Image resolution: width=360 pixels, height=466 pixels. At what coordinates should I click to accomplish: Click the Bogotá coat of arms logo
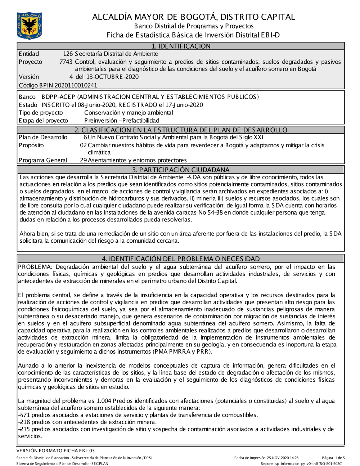pos(29,26)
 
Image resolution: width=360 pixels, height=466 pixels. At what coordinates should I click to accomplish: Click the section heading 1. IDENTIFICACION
pos(181,46)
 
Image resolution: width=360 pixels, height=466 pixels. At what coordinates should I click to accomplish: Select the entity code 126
pos(68,54)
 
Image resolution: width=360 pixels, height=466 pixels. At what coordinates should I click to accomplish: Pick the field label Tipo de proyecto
pos(41,113)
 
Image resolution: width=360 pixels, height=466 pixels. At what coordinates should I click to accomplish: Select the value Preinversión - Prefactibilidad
pos(122,121)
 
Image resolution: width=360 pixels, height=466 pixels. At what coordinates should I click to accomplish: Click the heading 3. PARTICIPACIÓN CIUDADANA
pos(181,170)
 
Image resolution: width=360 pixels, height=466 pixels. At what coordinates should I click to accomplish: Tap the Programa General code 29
pos(83,160)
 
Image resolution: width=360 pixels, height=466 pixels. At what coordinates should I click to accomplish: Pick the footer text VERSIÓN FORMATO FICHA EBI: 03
pos(55,451)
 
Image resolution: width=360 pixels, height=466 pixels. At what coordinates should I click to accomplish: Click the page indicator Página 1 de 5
pos(333,458)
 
